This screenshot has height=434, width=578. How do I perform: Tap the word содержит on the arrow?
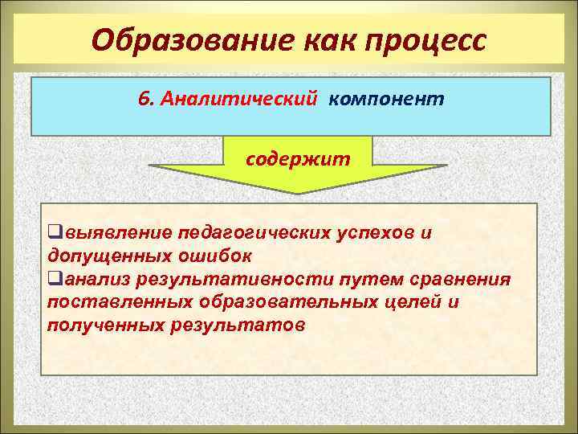coord(298,158)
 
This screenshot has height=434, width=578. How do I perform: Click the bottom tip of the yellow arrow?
coord(299,192)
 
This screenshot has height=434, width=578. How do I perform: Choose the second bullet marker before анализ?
coord(54,280)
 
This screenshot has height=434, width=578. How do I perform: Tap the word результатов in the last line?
coord(238,325)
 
